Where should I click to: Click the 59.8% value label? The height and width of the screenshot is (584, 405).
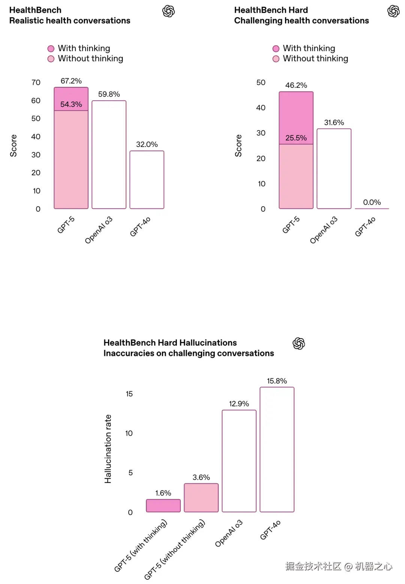[x=109, y=94]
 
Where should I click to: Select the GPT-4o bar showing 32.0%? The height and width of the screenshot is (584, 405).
[x=147, y=180]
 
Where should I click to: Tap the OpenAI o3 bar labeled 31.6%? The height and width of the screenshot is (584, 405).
[x=334, y=169]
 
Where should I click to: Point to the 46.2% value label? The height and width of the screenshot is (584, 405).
[x=296, y=85]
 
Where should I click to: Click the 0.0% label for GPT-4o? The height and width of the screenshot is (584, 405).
[x=372, y=202]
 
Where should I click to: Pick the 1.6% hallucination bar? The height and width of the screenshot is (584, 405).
[x=163, y=506]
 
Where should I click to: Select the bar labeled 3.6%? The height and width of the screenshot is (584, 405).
[x=201, y=498]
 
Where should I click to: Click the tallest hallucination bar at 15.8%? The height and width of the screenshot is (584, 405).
[x=277, y=449]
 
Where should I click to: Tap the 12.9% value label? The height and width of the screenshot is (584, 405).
[x=239, y=404]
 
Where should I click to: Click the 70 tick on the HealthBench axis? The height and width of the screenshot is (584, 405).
[x=36, y=82]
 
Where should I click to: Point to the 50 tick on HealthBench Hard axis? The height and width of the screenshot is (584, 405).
[x=261, y=82]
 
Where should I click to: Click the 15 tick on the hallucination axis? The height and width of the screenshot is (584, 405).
[x=129, y=394]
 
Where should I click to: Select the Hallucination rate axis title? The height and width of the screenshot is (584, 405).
[x=108, y=449]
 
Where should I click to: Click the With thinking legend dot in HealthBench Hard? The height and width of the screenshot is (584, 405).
[x=276, y=48]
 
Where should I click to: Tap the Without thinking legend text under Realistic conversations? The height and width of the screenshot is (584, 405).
[x=90, y=59]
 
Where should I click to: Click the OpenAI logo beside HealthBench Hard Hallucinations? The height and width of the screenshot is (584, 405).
[x=298, y=343]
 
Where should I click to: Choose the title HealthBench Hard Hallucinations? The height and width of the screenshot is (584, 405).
[x=170, y=343]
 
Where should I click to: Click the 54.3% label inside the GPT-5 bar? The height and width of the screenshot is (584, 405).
[x=71, y=104]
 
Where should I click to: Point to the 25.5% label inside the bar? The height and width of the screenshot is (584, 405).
[x=296, y=138]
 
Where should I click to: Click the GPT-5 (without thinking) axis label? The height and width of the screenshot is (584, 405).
[x=175, y=549]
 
